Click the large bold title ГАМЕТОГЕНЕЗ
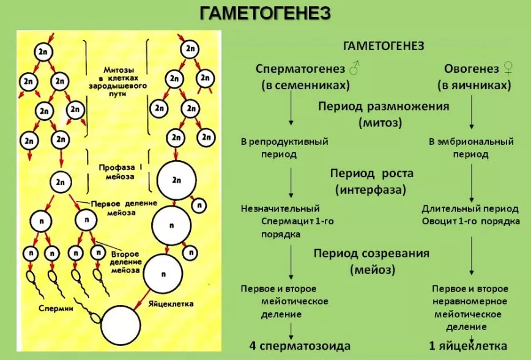[x=265, y=13]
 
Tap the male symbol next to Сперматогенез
[x=354, y=68]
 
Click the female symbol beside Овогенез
[x=508, y=68]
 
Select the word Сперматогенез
[x=300, y=68]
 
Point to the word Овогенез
[x=472, y=68]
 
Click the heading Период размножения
[x=384, y=106]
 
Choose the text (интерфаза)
[x=371, y=189]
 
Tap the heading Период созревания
[x=371, y=254]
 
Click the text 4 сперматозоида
[x=300, y=346]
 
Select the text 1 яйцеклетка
[x=468, y=346]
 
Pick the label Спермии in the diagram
[x=56, y=308]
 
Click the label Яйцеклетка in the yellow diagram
[x=171, y=304]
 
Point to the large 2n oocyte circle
[x=176, y=180]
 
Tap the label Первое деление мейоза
[x=124, y=208]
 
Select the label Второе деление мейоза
[x=125, y=262]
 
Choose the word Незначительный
[x=280, y=208]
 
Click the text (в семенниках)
[x=305, y=85]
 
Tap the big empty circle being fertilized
[x=121, y=326]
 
